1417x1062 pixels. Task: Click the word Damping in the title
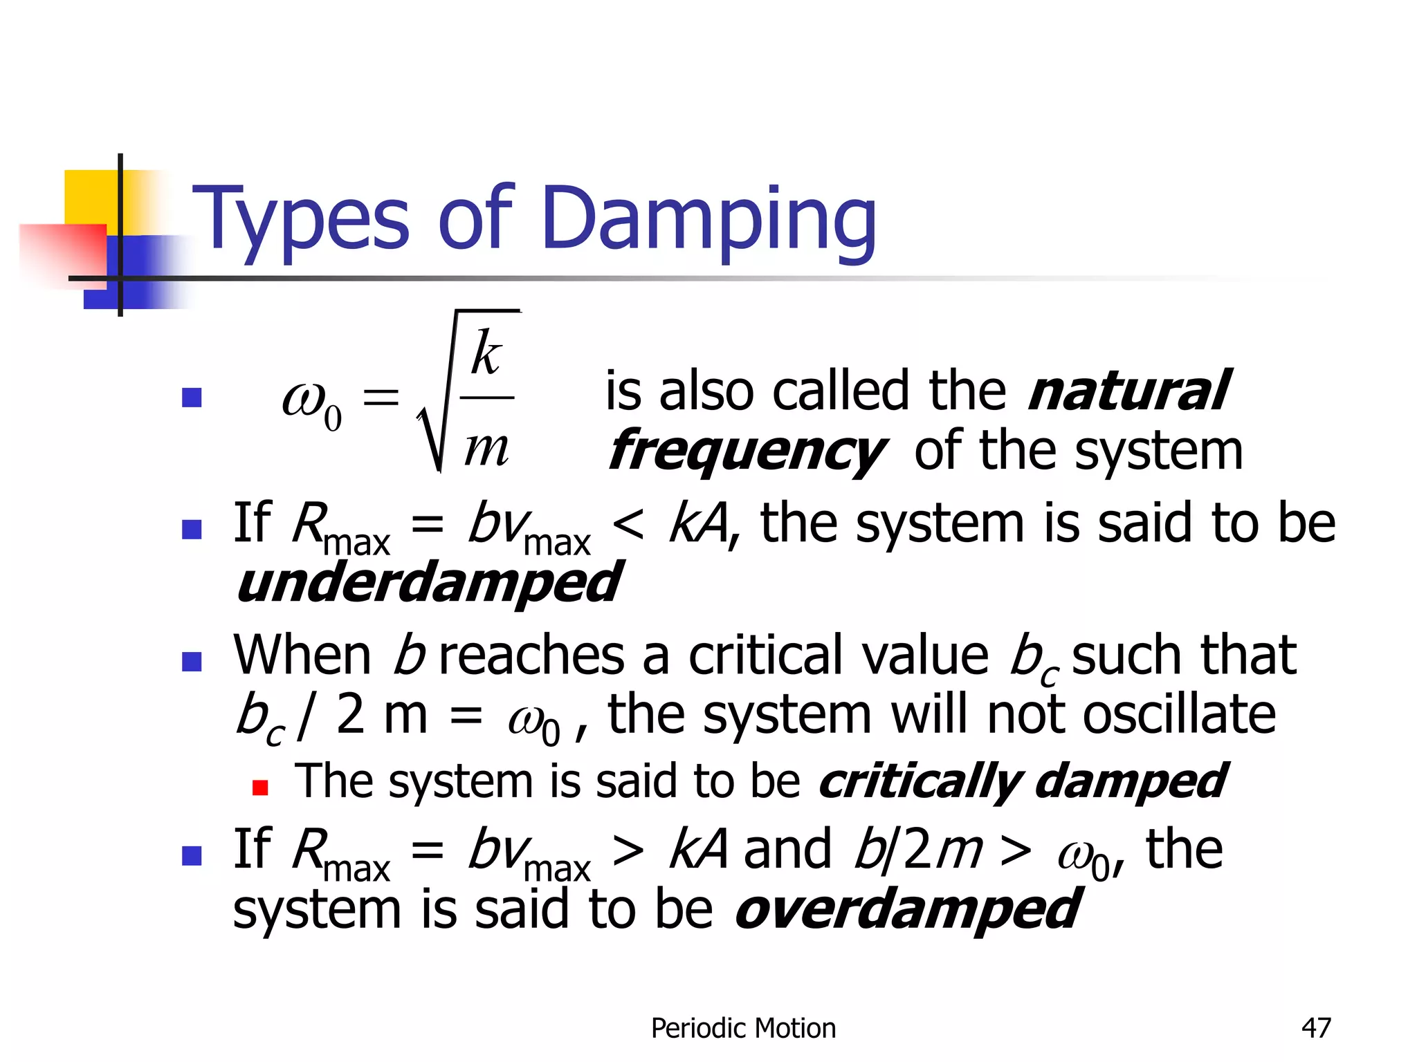pos(710,220)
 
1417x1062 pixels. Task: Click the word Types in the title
pos(301,220)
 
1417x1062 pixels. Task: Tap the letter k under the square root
pos(486,353)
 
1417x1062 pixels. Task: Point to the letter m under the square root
pos(486,447)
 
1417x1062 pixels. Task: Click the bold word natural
pos(1128,391)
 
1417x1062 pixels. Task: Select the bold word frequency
pos(746,451)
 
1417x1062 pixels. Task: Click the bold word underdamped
pos(428,583)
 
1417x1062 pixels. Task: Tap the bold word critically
pos(920,782)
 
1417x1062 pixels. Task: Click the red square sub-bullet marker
pos(260,788)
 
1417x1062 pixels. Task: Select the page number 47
pos(1316,1028)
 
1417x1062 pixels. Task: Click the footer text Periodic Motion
pos(743,1028)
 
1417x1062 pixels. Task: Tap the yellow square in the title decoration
pos(90,197)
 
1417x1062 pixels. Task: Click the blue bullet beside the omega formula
pos(191,398)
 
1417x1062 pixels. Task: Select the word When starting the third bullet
pos(302,655)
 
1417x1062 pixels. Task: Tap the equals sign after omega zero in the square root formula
pos(381,398)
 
